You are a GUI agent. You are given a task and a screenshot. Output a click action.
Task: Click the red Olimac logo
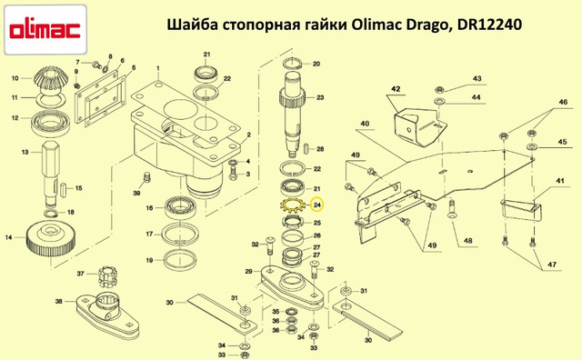coord(45,30)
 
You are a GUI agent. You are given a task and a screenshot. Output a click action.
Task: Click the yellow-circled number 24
coord(317,205)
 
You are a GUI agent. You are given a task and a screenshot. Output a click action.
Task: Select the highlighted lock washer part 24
coord(292,206)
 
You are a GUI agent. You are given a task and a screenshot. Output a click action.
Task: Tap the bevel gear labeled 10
coord(49,79)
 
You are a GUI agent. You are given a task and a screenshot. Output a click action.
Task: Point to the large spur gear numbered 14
coord(51,241)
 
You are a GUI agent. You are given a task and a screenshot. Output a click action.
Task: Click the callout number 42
coord(396,89)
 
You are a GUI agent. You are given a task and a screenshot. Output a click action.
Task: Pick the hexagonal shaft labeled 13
coord(50,174)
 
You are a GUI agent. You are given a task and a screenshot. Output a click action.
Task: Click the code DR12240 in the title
coord(489,25)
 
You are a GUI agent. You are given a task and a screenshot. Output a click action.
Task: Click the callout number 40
coord(365,124)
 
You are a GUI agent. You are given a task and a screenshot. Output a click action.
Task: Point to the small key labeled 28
coord(306,148)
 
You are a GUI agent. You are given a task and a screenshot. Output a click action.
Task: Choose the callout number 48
coord(468,241)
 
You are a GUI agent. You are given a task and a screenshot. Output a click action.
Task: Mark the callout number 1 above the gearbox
coord(157,68)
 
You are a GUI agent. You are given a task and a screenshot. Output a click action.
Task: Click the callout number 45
coord(562,142)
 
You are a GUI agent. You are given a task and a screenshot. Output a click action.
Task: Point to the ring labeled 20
coord(295,64)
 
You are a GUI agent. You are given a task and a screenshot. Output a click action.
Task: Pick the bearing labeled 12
coord(50,125)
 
